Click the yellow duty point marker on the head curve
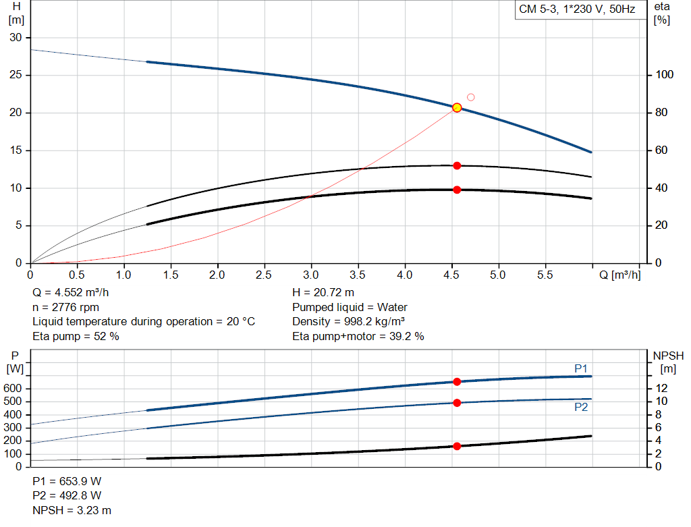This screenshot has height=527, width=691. point(457,108)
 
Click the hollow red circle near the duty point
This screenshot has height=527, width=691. point(471,97)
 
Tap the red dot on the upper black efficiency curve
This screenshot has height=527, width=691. point(457,165)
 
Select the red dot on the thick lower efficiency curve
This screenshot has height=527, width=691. point(457,190)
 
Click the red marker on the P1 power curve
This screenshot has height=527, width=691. point(457,382)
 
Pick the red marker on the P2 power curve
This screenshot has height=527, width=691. point(457,403)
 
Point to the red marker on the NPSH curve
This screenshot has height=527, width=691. point(457,446)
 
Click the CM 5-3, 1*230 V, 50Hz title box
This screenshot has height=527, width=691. point(576,10)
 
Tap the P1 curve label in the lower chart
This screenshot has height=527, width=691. point(581,368)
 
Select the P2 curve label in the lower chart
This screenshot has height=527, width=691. point(581,408)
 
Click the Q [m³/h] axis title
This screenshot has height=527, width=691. point(619,275)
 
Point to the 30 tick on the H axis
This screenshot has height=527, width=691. point(15,37)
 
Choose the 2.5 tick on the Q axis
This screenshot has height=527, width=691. point(264,275)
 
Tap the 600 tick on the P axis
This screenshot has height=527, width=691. point(15,389)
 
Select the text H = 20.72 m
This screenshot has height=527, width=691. point(323,293)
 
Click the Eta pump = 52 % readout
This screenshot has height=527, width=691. point(76,336)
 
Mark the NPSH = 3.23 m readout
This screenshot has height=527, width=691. point(72,510)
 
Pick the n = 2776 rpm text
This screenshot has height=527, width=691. point(65,307)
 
